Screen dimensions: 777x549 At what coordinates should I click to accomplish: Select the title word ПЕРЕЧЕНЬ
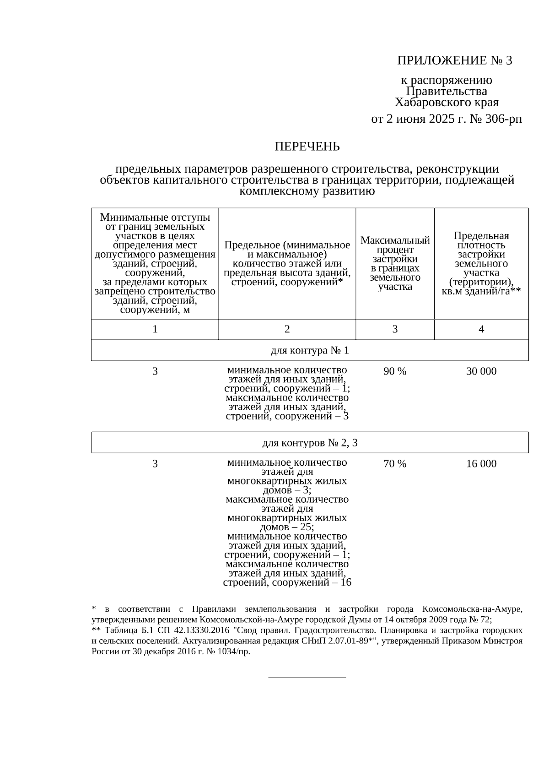(307, 147)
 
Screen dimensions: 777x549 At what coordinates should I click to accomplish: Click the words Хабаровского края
(447, 102)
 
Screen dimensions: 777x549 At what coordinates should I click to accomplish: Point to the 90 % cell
(395, 371)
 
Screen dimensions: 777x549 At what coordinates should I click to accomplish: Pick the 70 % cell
(395, 464)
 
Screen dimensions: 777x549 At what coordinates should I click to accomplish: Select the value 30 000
(481, 371)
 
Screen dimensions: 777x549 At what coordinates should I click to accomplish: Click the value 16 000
(481, 464)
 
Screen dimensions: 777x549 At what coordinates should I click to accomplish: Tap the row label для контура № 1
(310, 351)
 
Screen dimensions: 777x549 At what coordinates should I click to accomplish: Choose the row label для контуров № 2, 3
(310, 443)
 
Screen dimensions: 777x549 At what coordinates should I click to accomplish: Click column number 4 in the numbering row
(481, 329)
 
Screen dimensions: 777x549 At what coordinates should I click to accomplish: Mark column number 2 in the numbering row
(287, 329)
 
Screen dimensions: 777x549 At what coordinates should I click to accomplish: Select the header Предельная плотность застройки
(481, 263)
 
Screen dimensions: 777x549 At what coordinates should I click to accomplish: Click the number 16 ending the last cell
(346, 582)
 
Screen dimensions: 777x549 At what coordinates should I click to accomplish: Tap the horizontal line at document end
(307, 676)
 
